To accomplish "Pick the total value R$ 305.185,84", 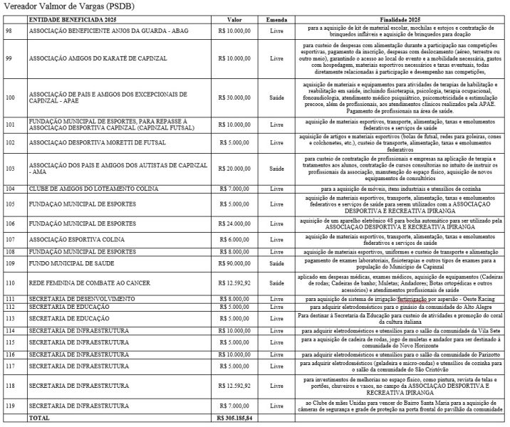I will pos(234,418).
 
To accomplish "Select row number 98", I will pos(9,31).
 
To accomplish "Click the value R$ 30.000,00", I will pos(234,97).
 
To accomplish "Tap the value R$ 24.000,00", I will pos(234,223).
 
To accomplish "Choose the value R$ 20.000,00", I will pos(234,168).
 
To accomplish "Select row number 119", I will pos(10,405).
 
